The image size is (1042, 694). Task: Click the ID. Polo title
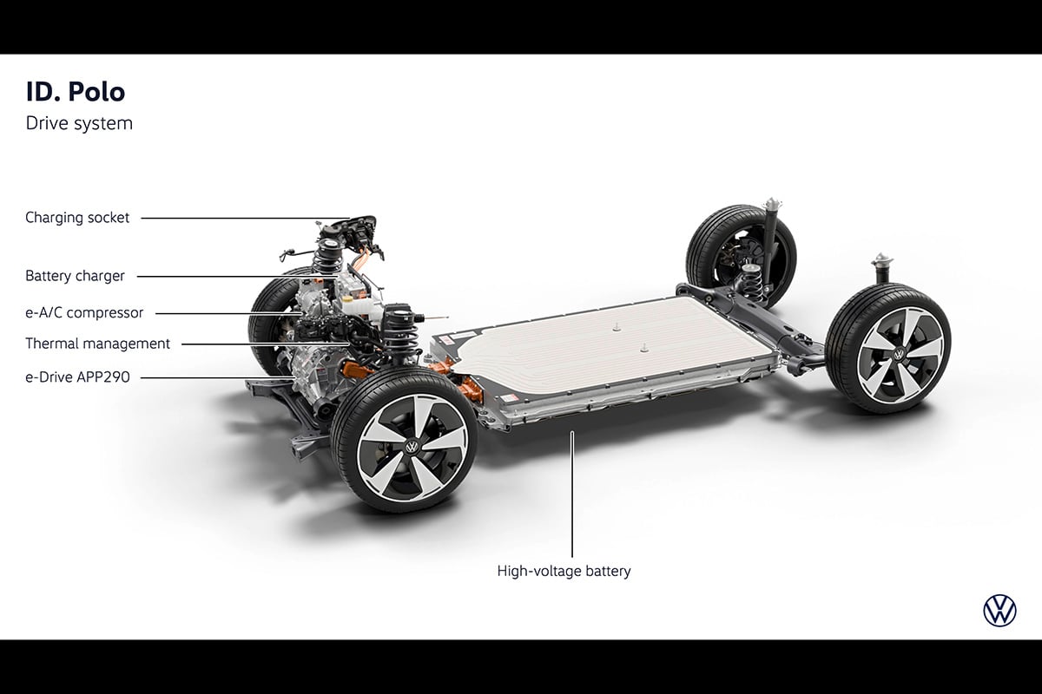click(x=76, y=92)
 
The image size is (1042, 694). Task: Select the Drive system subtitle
click(x=79, y=124)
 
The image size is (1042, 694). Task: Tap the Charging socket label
click(x=77, y=218)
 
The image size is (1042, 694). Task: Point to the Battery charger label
click(x=75, y=276)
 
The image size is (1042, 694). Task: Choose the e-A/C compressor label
click(x=84, y=313)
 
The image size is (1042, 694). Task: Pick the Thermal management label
click(x=97, y=344)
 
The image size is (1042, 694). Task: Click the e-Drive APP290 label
click(x=77, y=377)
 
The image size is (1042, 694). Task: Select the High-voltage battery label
click(x=564, y=571)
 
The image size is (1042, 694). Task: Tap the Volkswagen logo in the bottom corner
click(x=999, y=611)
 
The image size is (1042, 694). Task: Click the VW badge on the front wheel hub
click(x=412, y=447)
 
